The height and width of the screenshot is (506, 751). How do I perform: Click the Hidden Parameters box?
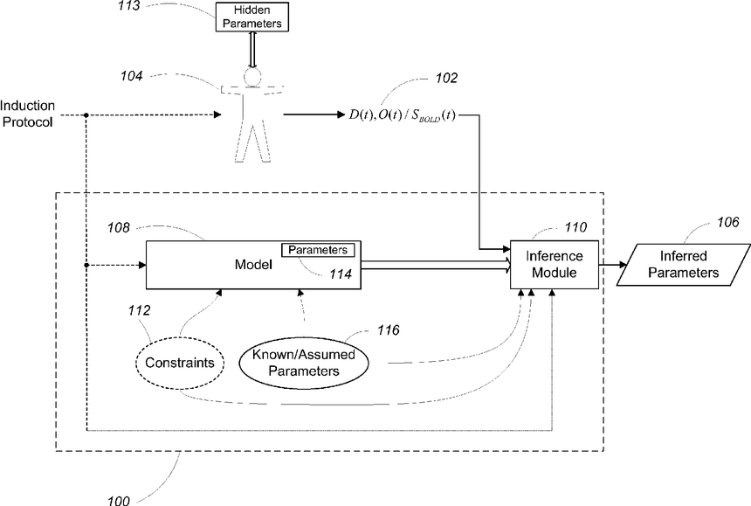[251, 17]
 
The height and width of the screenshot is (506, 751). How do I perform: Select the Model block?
[253, 265]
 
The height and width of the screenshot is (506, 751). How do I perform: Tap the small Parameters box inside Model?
[318, 250]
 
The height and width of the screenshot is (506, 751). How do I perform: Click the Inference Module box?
[555, 265]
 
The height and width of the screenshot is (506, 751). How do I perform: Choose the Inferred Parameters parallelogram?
[684, 265]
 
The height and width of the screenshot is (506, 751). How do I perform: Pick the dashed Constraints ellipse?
[180, 363]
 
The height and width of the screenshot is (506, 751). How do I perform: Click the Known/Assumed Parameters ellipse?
[304, 363]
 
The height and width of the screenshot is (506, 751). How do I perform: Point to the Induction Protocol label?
[27, 114]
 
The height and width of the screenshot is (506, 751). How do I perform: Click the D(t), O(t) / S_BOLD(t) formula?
[403, 115]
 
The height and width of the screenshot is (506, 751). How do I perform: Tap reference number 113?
[129, 6]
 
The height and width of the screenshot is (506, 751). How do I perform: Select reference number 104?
[132, 76]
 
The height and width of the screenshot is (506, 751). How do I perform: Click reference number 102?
[446, 78]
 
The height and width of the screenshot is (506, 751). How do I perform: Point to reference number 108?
[119, 227]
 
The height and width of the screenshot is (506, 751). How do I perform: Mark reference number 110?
[575, 226]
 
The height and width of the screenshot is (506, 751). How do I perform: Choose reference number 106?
[728, 222]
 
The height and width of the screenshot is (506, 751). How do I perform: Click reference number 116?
[389, 330]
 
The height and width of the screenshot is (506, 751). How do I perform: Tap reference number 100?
[118, 501]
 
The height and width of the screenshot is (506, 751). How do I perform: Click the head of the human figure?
[252, 77]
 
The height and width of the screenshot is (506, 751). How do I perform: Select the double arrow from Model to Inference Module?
[436, 265]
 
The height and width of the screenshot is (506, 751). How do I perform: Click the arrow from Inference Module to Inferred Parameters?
[612, 265]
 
